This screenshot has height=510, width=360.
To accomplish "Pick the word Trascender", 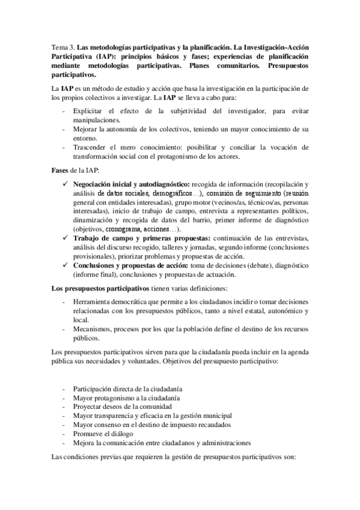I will tap(91, 147).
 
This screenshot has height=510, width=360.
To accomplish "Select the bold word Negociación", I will tap(96, 183).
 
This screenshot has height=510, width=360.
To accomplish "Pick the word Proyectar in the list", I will tap(88, 407).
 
